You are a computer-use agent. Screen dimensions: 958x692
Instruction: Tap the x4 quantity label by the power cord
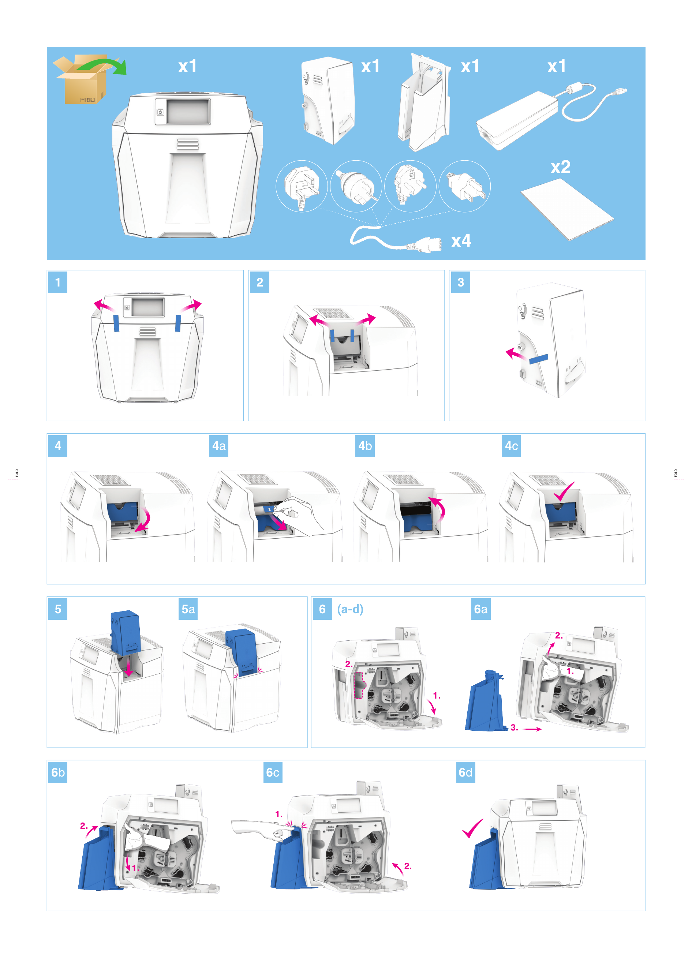tap(461, 241)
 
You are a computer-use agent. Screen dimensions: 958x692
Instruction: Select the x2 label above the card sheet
tap(561, 167)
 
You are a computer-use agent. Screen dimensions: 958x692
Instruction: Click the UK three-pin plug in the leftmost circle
tap(301, 186)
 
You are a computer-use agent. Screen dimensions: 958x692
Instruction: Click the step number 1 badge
tap(58, 282)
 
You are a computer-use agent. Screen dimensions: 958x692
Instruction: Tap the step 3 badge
tap(460, 282)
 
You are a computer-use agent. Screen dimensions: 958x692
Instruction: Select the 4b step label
tap(365, 446)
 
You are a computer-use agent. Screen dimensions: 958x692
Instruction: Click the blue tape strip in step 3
tap(539, 359)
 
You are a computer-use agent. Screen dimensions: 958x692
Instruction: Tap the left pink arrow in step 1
tap(104, 306)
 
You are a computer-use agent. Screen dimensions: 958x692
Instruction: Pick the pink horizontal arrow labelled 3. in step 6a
tap(532, 729)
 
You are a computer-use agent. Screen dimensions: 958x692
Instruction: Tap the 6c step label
tap(273, 772)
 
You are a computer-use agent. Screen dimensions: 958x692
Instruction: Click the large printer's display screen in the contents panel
tap(188, 112)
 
